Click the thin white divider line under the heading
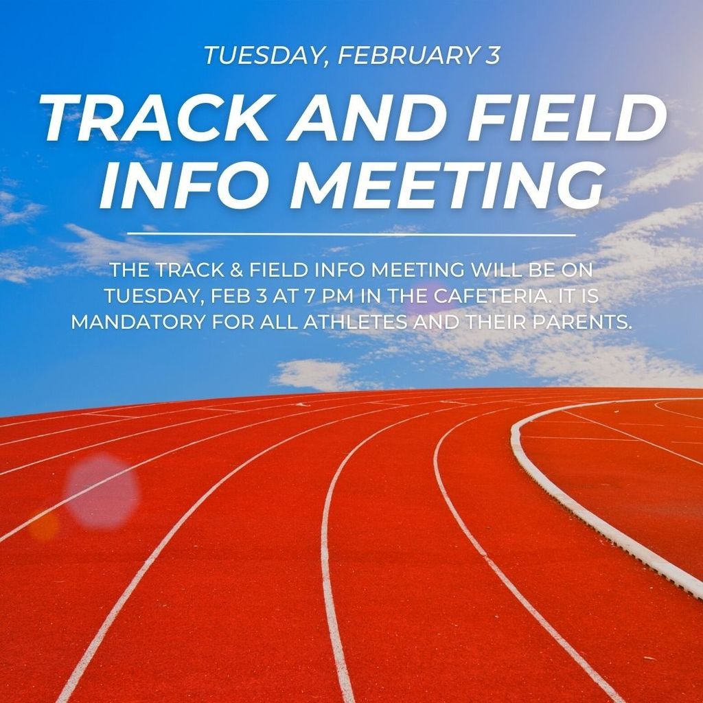[351, 234]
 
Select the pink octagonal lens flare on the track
[102, 490]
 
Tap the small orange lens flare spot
[43, 525]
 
